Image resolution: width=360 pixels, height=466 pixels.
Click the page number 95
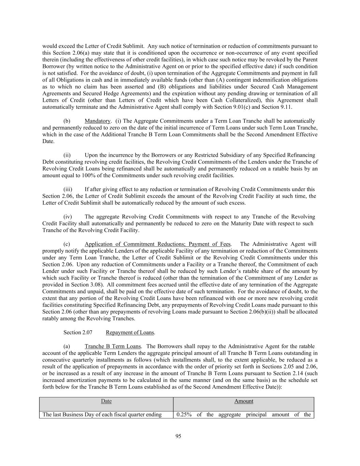point(178,436)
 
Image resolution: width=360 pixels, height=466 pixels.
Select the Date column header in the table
point(106,401)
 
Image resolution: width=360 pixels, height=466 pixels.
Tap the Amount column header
point(244,401)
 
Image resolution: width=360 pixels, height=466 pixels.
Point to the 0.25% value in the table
point(184,414)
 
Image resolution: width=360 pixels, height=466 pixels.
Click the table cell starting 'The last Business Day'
point(102,414)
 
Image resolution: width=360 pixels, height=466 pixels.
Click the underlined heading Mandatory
point(98,121)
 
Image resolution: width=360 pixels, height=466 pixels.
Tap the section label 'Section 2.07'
point(78,333)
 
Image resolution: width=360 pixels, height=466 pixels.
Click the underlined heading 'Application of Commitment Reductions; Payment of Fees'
point(158,244)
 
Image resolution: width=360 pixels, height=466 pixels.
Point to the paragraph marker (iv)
point(68,216)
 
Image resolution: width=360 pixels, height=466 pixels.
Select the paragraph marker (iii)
point(68,189)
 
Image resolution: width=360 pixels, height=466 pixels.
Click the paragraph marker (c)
point(67,244)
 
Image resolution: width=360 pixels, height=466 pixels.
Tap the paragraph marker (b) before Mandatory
point(67,121)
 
